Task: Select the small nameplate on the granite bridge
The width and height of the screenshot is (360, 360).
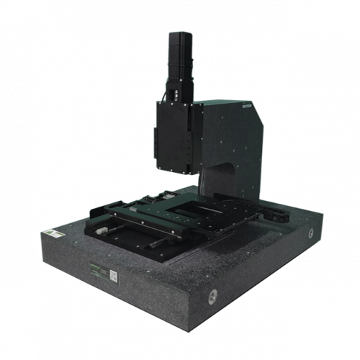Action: point(246,106)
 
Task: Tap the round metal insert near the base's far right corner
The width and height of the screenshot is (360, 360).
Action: point(311,233)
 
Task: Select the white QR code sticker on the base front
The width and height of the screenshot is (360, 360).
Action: point(113,274)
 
